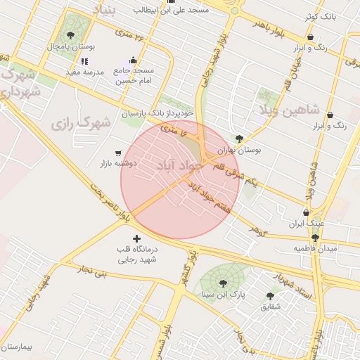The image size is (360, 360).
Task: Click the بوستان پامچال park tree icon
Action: point(70,34)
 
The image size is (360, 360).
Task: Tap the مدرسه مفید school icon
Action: point(85,62)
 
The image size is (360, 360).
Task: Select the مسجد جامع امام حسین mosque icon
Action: point(134,60)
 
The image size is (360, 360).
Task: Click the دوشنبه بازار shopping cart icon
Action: point(118,153)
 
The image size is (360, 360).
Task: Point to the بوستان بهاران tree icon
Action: point(240,139)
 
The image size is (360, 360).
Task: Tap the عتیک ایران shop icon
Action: point(306,213)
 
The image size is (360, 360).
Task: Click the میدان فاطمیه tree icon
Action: point(314,238)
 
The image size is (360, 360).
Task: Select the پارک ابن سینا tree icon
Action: point(223,284)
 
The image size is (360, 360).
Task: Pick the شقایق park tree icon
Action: point(270,296)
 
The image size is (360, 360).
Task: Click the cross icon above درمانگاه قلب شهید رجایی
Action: point(136,238)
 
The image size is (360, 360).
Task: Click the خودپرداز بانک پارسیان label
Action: point(156,112)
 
